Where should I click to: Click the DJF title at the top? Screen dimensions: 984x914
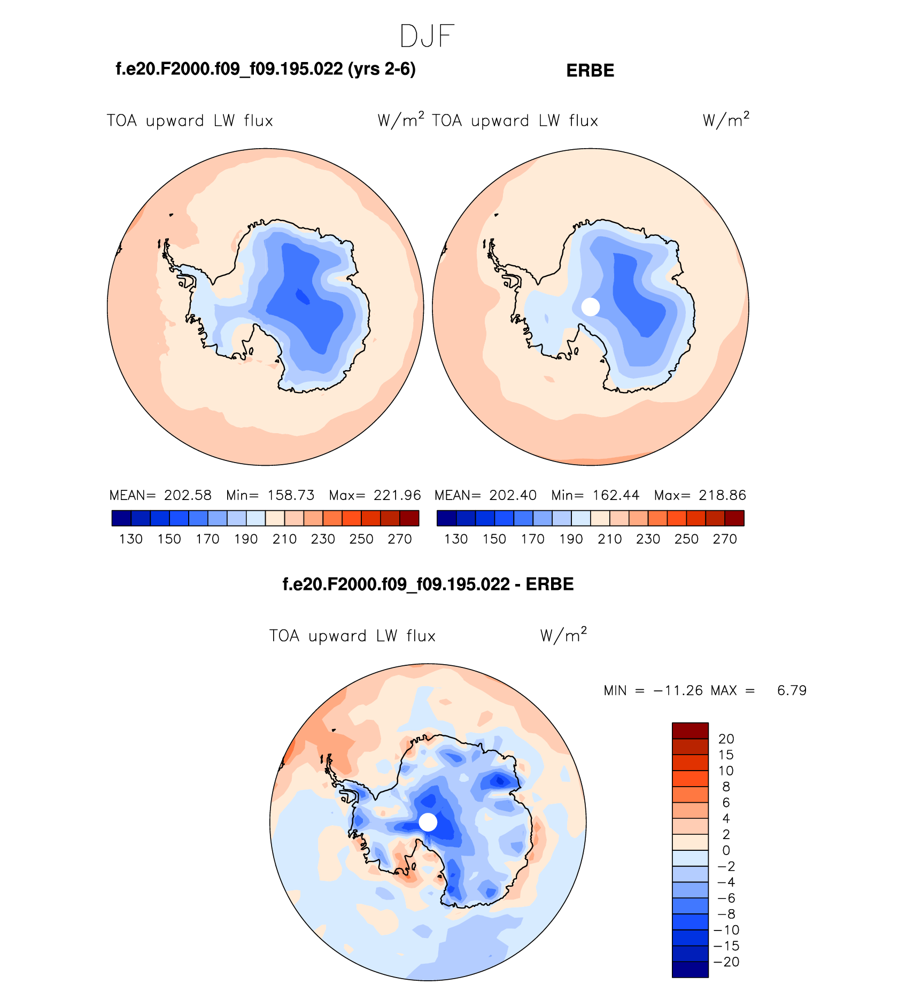tap(427, 36)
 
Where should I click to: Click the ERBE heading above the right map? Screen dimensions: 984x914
tap(590, 71)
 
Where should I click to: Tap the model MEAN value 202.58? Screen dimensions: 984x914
tap(188, 495)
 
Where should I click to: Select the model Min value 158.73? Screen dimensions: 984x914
tap(291, 495)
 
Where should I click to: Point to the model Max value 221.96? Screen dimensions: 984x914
tap(397, 495)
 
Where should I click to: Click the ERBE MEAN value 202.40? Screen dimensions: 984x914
tap(513, 495)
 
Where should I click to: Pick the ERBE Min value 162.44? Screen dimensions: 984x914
tap(616, 495)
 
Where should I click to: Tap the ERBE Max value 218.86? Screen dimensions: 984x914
tap(722, 495)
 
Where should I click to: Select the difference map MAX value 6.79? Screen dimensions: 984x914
tap(792, 690)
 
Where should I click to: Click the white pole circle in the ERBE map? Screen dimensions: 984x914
tap(591, 307)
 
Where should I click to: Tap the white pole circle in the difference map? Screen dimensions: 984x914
tap(428, 822)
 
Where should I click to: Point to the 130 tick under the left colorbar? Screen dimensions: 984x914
tap(131, 539)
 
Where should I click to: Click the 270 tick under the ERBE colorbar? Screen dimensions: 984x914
tap(725, 539)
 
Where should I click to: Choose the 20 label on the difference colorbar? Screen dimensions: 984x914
tap(726, 739)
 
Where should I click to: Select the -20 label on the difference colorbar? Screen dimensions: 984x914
tap(727, 962)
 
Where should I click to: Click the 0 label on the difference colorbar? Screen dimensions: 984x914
tap(726, 850)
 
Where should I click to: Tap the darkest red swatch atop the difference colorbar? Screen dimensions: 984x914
tap(690, 731)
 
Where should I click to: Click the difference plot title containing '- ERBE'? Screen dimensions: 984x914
tap(428, 584)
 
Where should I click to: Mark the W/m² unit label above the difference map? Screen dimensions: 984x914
tap(563, 635)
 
